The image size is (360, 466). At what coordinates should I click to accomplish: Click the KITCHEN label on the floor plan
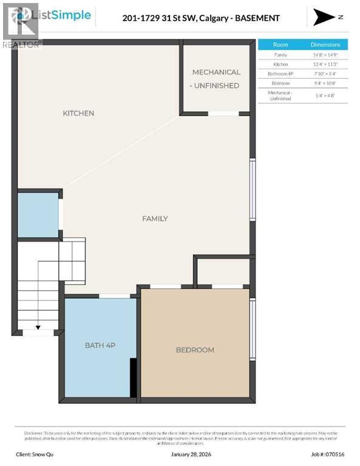click(78, 113)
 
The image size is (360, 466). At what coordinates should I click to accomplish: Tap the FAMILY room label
click(155, 218)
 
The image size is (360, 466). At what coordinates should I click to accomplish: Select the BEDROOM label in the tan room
click(195, 350)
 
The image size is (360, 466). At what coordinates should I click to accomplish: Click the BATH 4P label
click(100, 345)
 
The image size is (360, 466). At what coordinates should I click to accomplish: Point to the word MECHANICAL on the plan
click(216, 72)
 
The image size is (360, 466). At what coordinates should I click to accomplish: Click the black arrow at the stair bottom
click(38, 328)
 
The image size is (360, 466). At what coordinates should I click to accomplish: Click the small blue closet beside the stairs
click(38, 215)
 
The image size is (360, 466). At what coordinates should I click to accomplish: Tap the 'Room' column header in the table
click(280, 45)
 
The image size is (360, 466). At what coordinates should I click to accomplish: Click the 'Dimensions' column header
click(325, 45)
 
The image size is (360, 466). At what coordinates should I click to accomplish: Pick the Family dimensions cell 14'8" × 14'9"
click(325, 55)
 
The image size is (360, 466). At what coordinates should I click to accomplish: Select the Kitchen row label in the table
click(280, 64)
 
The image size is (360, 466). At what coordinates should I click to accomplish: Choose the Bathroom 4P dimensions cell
click(325, 73)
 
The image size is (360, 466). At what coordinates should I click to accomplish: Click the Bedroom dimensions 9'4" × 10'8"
click(325, 83)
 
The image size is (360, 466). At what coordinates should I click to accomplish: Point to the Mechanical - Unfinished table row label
click(280, 95)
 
